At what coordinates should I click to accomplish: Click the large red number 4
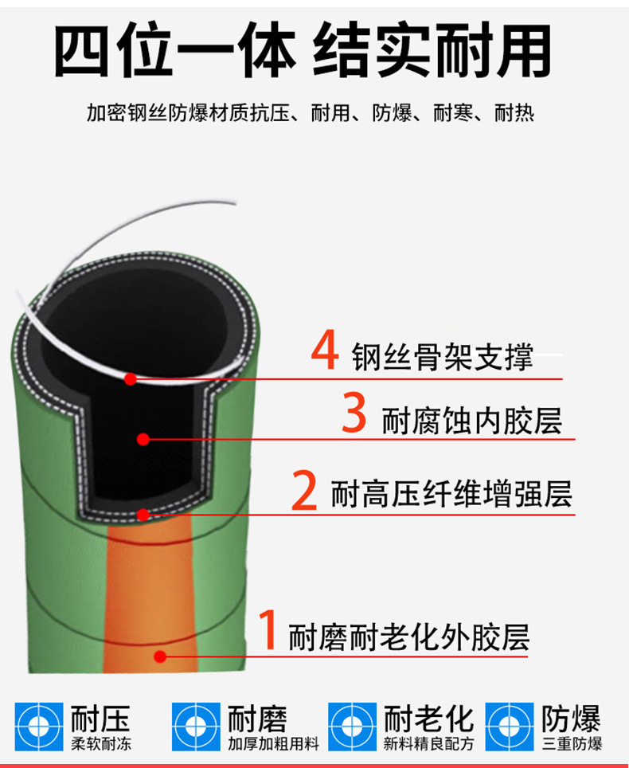(x=325, y=350)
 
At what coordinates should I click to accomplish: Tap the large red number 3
(x=354, y=412)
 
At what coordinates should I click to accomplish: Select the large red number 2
(x=304, y=490)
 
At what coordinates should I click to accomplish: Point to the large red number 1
(x=268, y=629)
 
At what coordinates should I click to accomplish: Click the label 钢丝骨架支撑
(x=443, y=357)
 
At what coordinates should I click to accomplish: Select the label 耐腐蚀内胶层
(x=472, y=421)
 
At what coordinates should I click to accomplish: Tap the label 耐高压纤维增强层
(x=451, y=494)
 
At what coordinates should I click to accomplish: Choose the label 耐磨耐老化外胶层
(x=409, y=637)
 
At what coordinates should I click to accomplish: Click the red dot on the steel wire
(x=131, y=379)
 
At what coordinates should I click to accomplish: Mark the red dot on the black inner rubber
(x=143, y=439)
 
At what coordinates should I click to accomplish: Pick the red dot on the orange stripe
(x=160, y=656)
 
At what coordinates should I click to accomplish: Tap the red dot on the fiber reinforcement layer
(x=143, y=515)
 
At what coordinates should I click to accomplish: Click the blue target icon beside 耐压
(x=39, y=727)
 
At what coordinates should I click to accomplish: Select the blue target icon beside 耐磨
(x=196, y=727)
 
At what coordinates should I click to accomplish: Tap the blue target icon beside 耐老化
(x=353, y=727)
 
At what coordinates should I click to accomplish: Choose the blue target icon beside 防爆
(x=510, y=727)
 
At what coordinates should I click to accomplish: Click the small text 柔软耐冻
(x=101, y=744)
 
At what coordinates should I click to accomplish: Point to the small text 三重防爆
(x=572, y=744)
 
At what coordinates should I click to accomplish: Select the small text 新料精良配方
(x=429, y=744)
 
